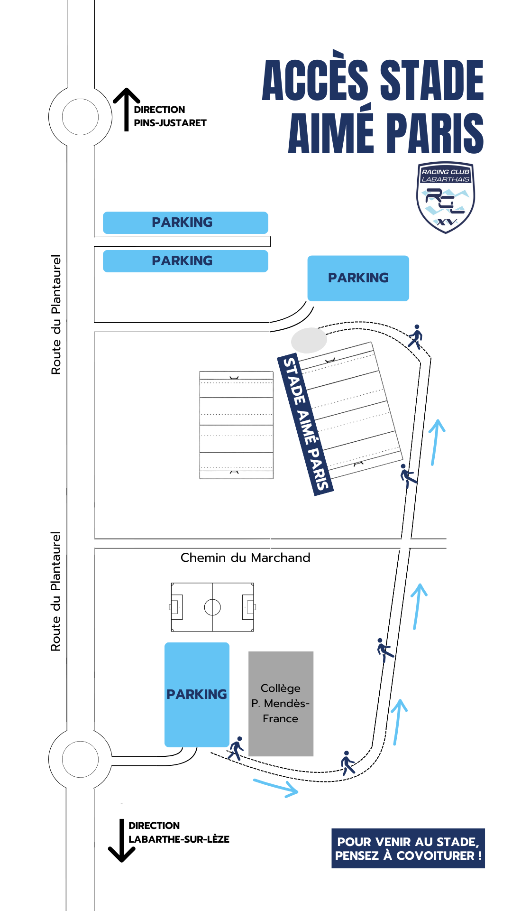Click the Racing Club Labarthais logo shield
click(x=445, y=198)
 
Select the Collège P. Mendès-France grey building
click(x=281, y=703)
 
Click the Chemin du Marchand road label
click(x=245, y=558)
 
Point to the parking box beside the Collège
click(x=197, y=694)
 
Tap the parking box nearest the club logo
click(x=358, y=278)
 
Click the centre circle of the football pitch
click(x=212, y=607)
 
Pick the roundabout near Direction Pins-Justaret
click(x=80, y=117)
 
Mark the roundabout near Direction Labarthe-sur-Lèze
click(x=80, y=759)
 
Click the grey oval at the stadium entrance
click(x=309, y=340)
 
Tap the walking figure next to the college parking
click(x=236, y=748)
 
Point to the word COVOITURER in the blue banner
click(x=435, y=855)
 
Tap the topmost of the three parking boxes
click(x=185, y=223)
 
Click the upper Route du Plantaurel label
click(x=56, y=315)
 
